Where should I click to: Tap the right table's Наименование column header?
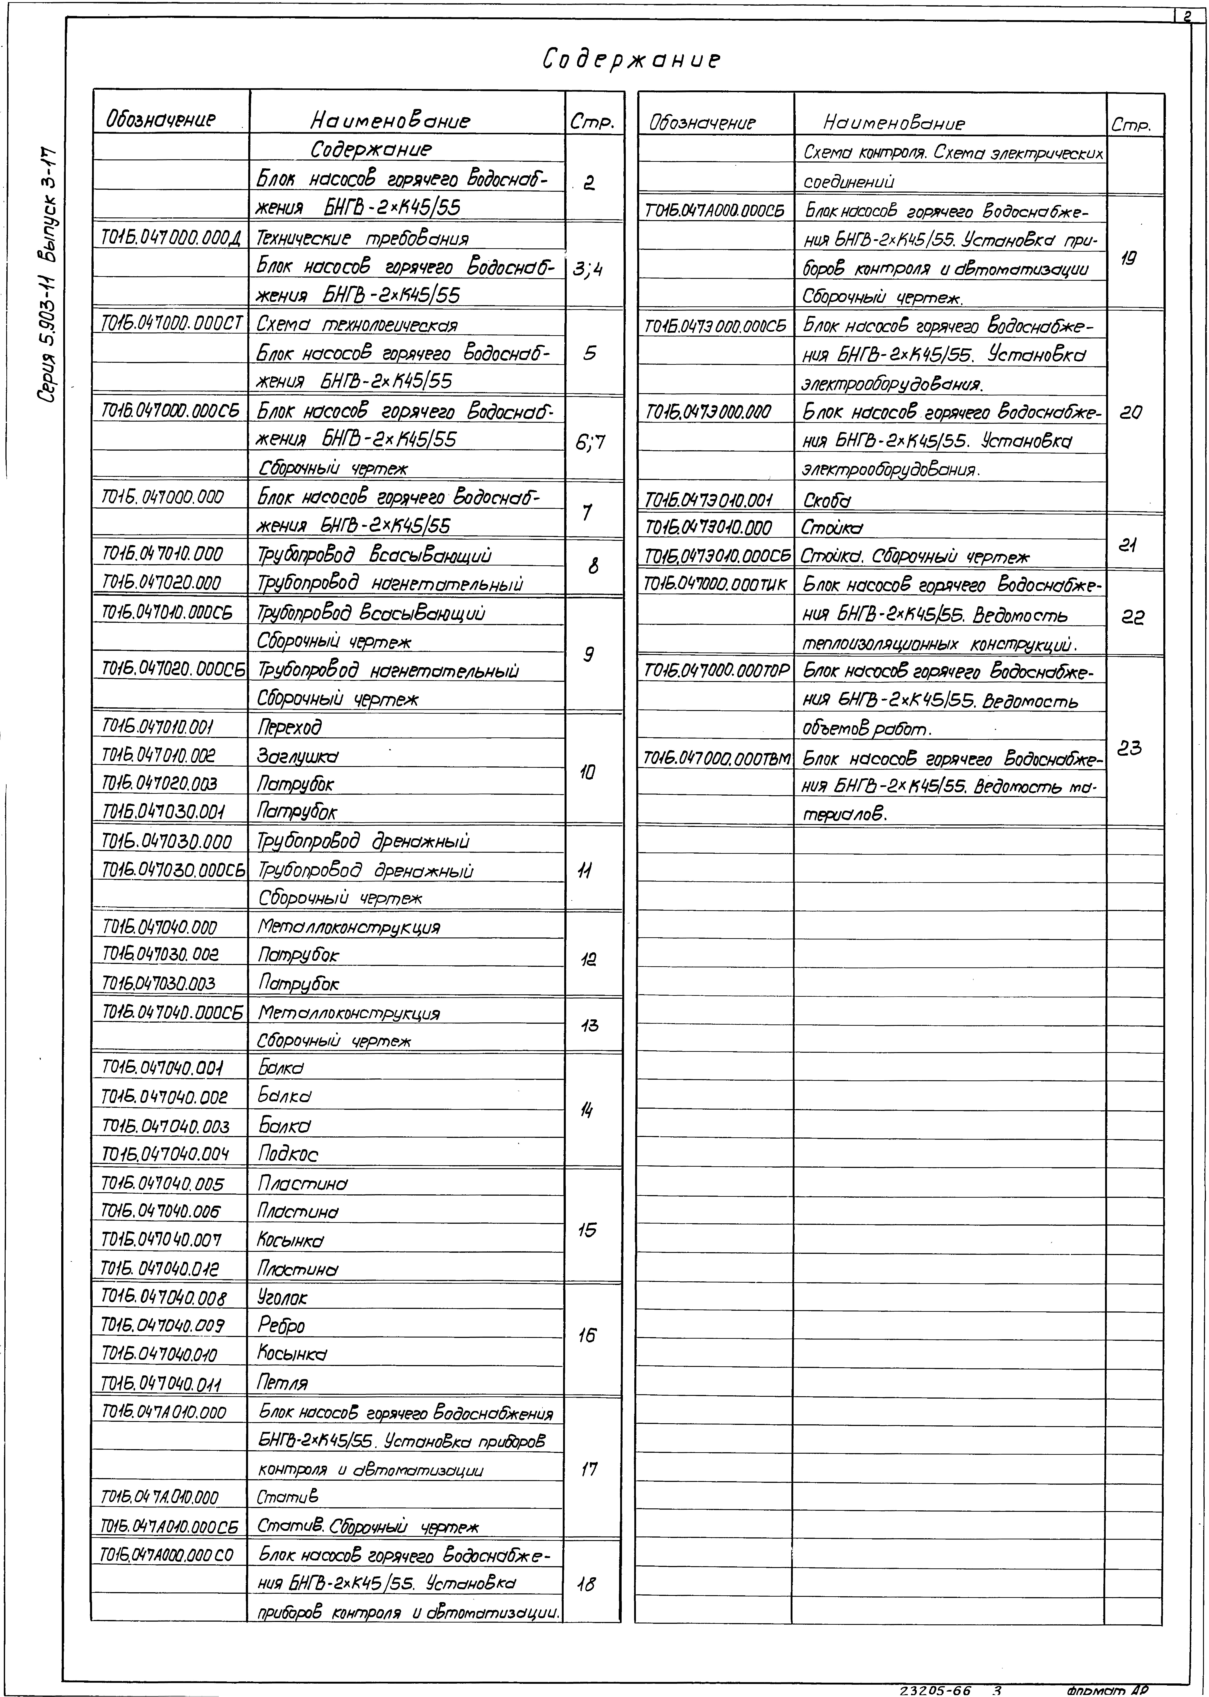pyautogui.click(x=893, y=123)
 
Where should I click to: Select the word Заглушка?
pyautogui.click(x=298, y=756)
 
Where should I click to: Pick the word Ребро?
pyautogui.click(x=281, y=1326)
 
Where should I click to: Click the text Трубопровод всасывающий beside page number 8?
pyautogui.click(x=374, y=554)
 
